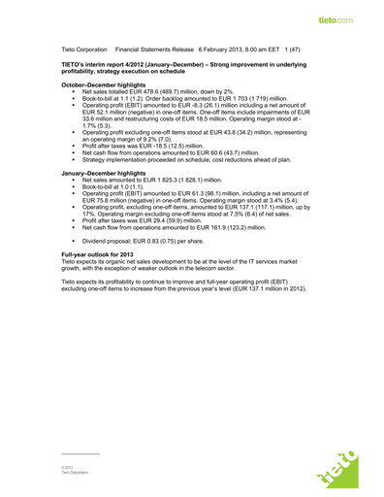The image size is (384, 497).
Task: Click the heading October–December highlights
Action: pyautogui.click(x=100, y=85)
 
